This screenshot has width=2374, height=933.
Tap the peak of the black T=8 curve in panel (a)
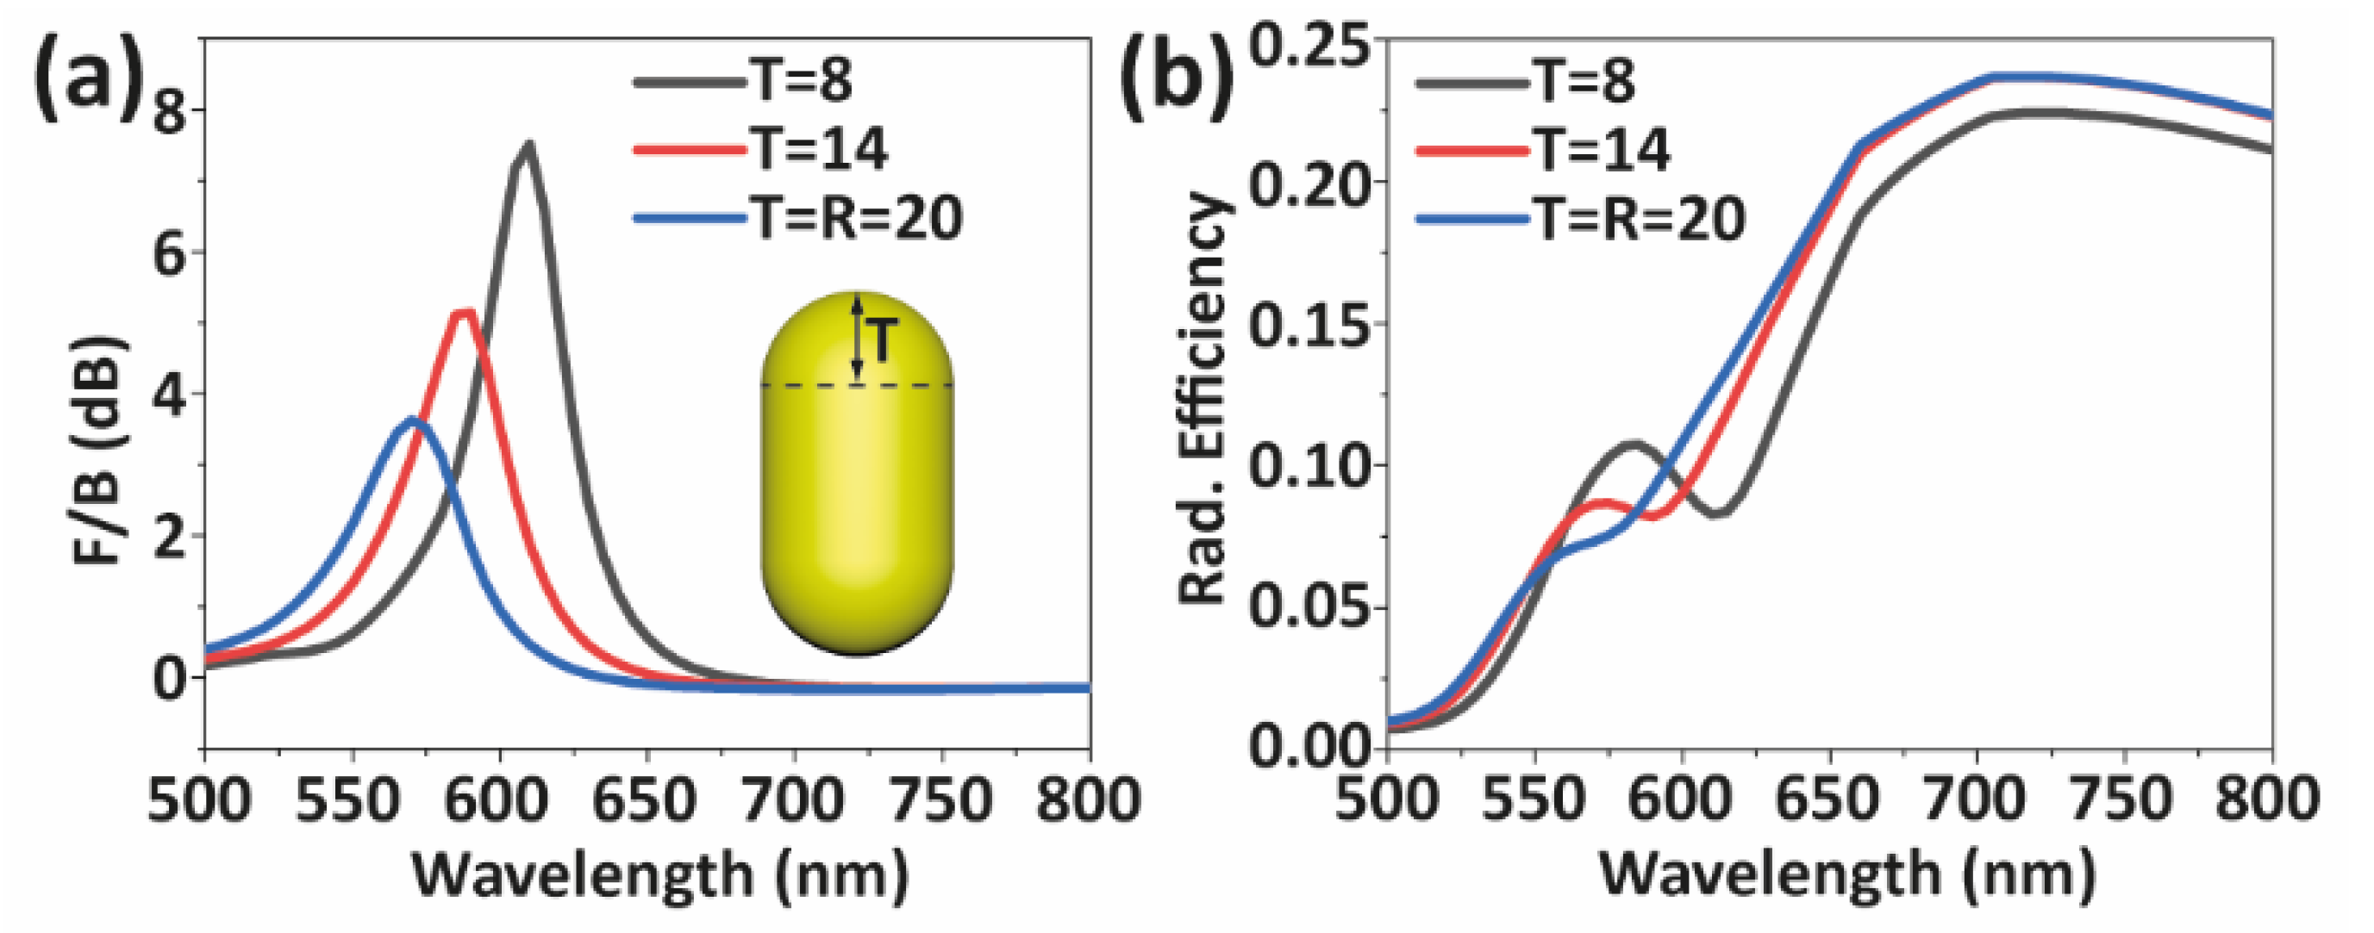tap(528, 145)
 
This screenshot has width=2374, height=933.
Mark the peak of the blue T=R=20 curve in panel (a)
tap(412, 420)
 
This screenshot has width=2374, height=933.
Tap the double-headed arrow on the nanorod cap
tap(857, 337)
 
